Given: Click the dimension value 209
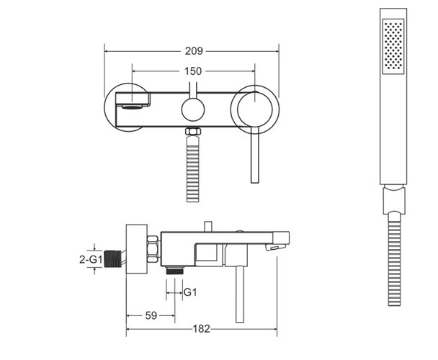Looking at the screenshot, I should coord(193,51).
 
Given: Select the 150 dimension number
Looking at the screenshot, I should coord(193,71).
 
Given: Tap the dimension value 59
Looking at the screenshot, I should coord(150,315).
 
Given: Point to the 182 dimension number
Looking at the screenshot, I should coord(202,329).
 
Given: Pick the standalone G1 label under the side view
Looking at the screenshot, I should coord(189,292).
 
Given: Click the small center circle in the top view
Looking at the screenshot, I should coord(192,109).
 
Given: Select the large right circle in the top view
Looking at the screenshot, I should coord(254,109).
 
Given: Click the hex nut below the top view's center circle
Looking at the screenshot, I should coord(192,132).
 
